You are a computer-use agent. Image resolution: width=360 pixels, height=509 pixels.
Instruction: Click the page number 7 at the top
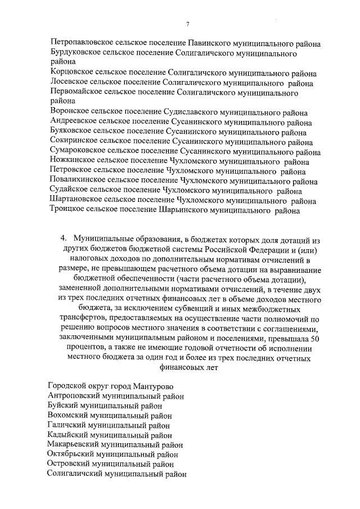pyautogui.click(x=187, y=23)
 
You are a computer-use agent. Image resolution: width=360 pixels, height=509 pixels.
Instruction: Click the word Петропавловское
pyautogui.click(x=80, y=42)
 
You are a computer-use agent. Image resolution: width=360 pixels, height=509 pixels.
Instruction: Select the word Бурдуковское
pyautogui.click(x=75, y=52)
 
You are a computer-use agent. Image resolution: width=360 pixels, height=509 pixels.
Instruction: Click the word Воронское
pyautogui.click(x=69, y=112)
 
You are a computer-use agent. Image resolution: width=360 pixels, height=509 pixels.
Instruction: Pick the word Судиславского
pyautogui.click(x=193, y=112)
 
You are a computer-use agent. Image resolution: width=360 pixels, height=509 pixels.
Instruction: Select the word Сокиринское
pyautogui.click(x=72, y=142)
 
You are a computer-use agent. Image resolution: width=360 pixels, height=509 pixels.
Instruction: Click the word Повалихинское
pyautogui.click(x=77, y=182)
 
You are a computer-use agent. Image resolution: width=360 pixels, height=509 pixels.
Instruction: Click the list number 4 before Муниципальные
pyautogui.click(x=64, y=239)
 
